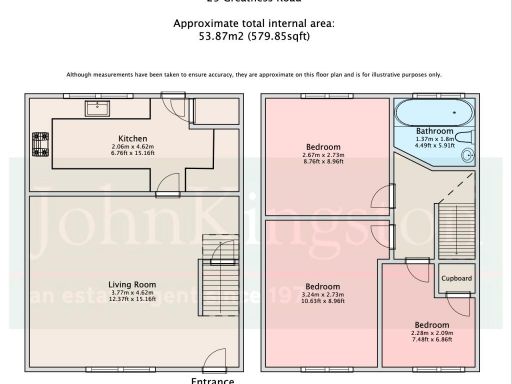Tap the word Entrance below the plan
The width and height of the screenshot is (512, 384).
[x=212, y=380]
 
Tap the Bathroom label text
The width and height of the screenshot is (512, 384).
[x=435, y=132]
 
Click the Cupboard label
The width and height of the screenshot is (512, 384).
[x=456, y=279]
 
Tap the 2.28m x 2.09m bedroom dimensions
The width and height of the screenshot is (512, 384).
[x=432, y=333]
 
